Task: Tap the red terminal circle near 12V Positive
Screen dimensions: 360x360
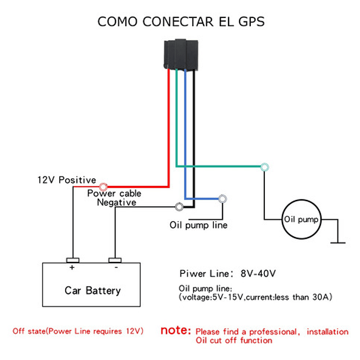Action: point(104,186)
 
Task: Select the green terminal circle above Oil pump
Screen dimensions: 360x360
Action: point(264,167)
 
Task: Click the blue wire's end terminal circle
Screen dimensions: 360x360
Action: point(222,199)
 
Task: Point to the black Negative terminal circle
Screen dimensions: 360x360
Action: point(178,206)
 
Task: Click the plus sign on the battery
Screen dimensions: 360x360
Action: point(72,268)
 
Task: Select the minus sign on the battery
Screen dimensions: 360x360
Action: point(116,268)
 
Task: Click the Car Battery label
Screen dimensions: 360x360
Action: point(93,290)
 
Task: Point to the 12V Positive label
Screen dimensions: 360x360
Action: point(67,180)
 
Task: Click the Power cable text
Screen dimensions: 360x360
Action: point(114,193)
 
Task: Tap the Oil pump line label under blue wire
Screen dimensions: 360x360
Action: point(198,225)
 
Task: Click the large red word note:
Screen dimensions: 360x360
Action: point(176,331)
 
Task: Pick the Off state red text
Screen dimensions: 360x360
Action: point(78,331)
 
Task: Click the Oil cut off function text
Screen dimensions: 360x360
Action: point(234,340)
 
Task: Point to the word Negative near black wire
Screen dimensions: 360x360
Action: point(116,202)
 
